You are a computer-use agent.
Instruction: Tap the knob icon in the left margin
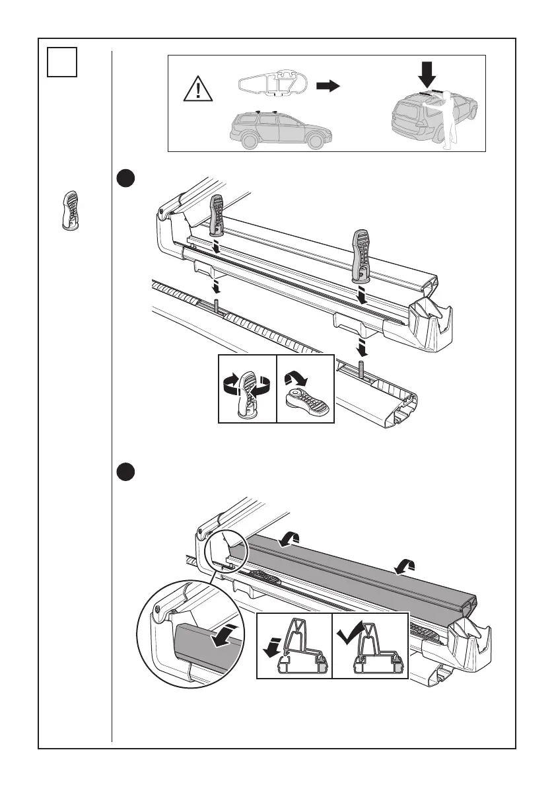[x=69, y=211]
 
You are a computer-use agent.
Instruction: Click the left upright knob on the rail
[x=219, y=215]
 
